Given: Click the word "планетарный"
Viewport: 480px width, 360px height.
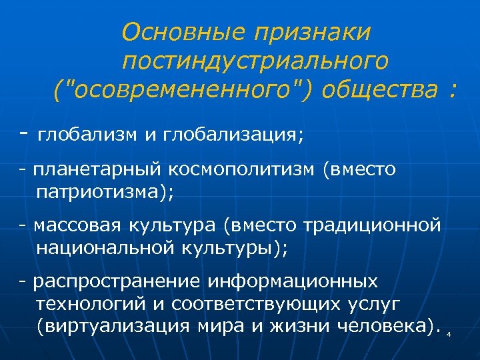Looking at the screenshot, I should click(x=97, y=171).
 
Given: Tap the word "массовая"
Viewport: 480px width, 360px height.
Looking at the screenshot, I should click(x=71, y=227).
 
